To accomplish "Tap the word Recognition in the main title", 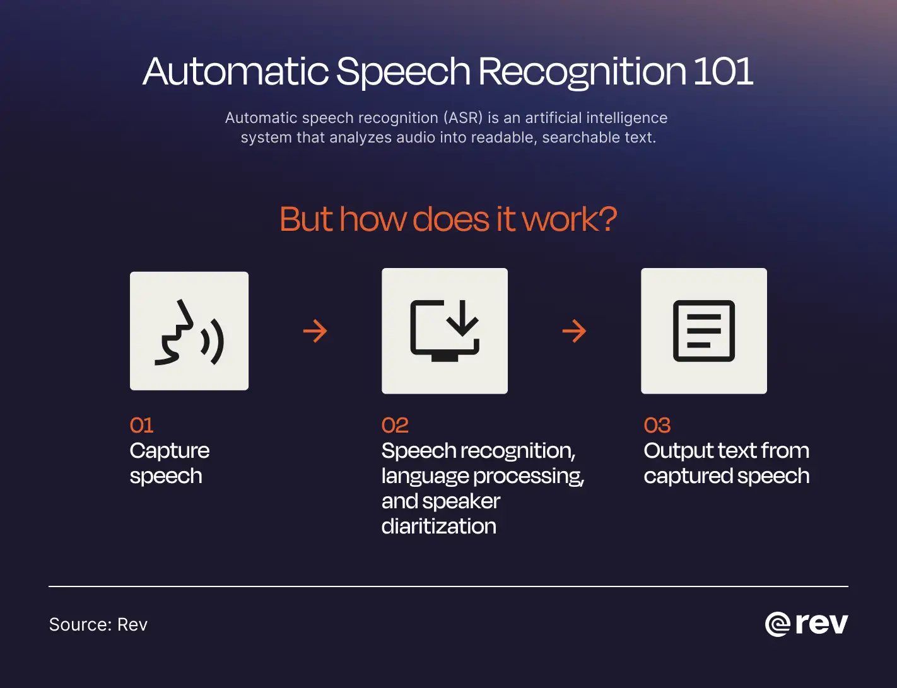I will point(582,71).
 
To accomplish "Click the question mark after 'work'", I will point(606,219).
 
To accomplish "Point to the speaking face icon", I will point(189,331).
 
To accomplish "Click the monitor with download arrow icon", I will point(445,331).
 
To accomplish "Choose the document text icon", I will point(704,331).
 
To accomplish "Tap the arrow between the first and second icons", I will point(315,331).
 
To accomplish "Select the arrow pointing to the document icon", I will point(574,331).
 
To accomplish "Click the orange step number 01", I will point(141,426).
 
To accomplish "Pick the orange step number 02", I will point(395,426).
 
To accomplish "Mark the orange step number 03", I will point(657,426).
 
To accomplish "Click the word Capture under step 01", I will point(169,451).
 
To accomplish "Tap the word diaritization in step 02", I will point(438,527).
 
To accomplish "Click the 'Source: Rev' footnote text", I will point(98,624).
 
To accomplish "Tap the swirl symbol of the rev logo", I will point(777,624).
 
